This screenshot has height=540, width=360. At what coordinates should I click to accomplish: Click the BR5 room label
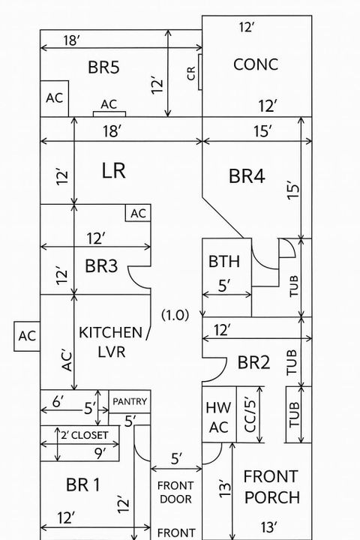(x=104, y=67)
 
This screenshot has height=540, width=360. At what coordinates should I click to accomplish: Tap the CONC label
(x=256, y=64)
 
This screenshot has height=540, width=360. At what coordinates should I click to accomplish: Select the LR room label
(x=113, y=171)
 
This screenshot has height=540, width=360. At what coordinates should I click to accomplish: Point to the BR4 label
(x=247, y=177)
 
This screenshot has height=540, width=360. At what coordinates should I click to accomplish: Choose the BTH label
(x=224, y=262)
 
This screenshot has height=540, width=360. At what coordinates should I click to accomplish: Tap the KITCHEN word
(x=111, y=332)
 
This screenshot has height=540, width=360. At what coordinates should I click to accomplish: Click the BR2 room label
(x=253, y=363)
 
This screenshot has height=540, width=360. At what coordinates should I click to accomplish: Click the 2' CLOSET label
(x=85, y=435)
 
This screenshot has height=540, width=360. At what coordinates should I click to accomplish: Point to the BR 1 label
(x=83, y=485)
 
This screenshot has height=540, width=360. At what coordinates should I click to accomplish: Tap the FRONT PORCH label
(x=271, y=486)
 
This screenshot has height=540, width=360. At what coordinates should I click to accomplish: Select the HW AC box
(x=217, y=417)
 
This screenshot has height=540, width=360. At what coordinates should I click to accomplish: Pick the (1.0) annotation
(x=175, y=315)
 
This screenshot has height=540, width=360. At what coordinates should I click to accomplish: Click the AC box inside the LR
(x=138, y=213)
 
